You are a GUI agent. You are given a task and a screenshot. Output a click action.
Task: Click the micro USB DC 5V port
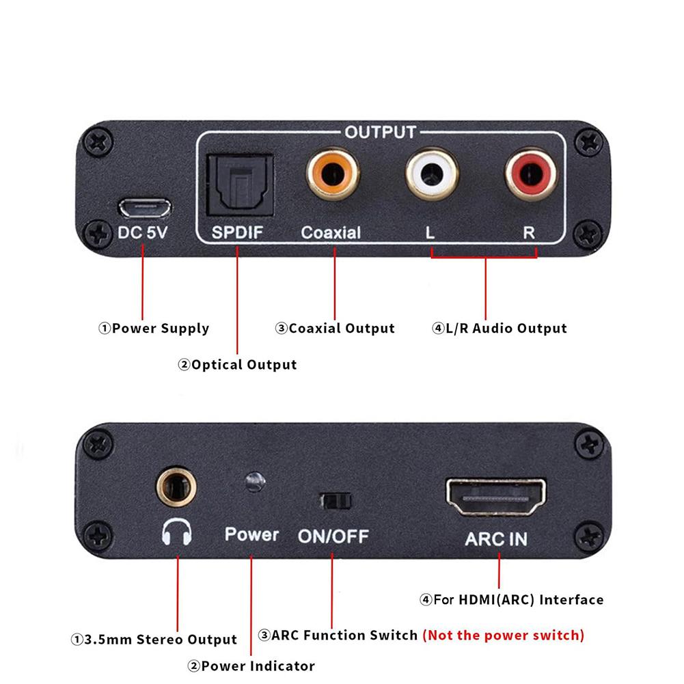point(143,206)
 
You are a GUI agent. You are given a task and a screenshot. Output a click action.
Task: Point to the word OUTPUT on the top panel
point(380,132)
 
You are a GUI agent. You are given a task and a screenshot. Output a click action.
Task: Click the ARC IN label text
point(496,538)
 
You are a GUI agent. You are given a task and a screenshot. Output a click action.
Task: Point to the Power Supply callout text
point(154,329)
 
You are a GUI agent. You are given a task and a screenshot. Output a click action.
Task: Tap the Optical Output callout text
point(237,365)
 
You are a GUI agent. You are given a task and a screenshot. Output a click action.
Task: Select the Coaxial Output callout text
point(335,329)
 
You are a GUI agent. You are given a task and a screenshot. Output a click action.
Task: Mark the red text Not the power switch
point(504,635)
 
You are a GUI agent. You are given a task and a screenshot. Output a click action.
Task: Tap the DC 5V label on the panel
point(142,232)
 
